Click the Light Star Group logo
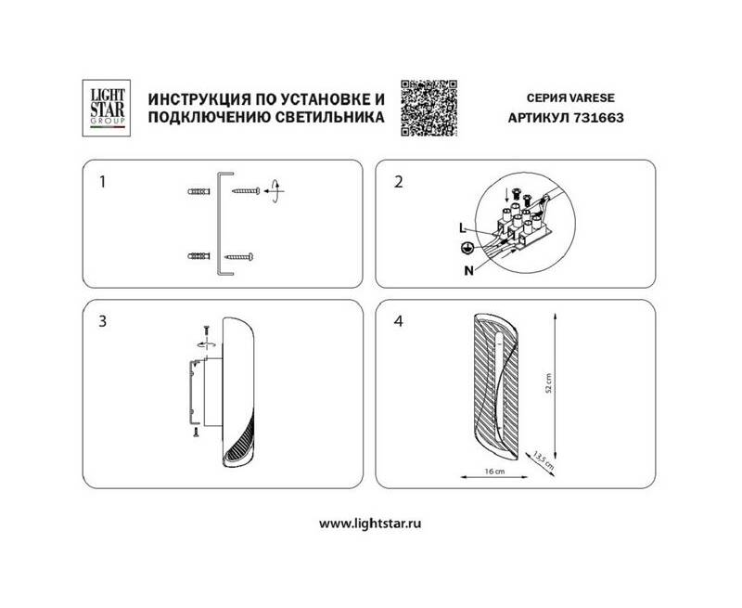(107, 108)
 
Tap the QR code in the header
(429, 108)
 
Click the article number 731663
(598, 118)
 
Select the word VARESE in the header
(592, 98)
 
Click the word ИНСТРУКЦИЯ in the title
(199, 99)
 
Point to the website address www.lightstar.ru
(370, 524)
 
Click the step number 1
(102, 182)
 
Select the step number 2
(399, 182)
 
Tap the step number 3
(102, 321)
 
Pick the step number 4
(399, 321)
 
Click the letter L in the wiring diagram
(463, 228)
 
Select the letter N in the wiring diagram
(468, 270)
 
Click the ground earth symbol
(467, 248)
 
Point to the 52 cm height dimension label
(549, 383)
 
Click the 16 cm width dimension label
(494, 472)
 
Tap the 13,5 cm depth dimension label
(544, 459)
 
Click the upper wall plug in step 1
(198, 192)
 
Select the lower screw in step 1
(239, 257)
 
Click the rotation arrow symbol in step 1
(275, 191)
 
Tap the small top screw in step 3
(206, 331)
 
